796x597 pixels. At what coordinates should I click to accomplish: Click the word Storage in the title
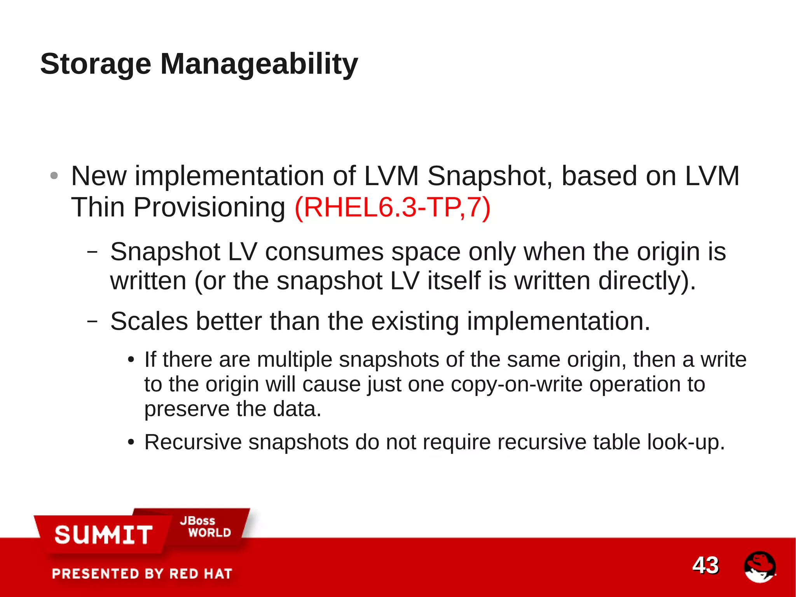[96, 64]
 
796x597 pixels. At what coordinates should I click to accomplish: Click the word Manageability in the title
[259, 64]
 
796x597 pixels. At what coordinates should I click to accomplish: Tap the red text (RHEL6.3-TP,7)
[393, 207]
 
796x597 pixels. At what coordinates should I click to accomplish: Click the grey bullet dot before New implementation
[54, 176]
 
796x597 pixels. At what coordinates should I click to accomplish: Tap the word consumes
[324, 252]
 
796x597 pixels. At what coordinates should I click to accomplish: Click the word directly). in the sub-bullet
[647, 280]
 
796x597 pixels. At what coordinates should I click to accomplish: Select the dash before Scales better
[92, 321]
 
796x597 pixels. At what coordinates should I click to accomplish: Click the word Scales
[149, 321]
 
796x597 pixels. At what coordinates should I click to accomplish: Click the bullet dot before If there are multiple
[131, 360]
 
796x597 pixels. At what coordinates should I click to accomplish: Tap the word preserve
[187, 409]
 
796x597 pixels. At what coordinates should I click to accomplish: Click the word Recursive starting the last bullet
[193, 442]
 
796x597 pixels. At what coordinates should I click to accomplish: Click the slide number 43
[705, 565]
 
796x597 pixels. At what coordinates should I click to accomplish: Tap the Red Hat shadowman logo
[759, 567]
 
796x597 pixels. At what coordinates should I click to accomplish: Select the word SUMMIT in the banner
[103, 535]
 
